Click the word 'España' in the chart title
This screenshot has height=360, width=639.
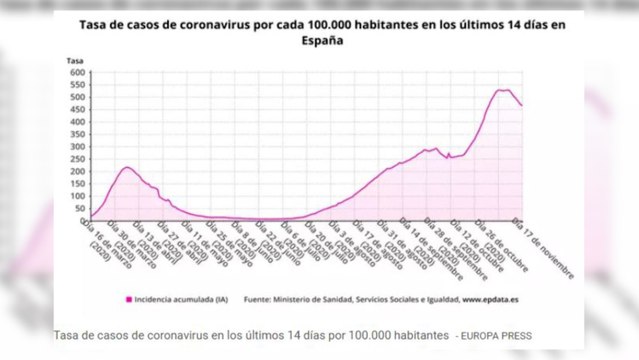point(319,43)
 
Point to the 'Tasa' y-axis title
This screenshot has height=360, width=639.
point(74,62)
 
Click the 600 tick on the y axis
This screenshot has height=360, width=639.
point(75,73)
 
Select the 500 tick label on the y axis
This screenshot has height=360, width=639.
point(75,98)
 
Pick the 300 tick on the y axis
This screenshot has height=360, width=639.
point(75,146)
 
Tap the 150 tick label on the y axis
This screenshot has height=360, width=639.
point(75,183)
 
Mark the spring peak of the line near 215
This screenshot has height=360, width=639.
point(127,167)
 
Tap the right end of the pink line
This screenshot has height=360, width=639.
point(522,106)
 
